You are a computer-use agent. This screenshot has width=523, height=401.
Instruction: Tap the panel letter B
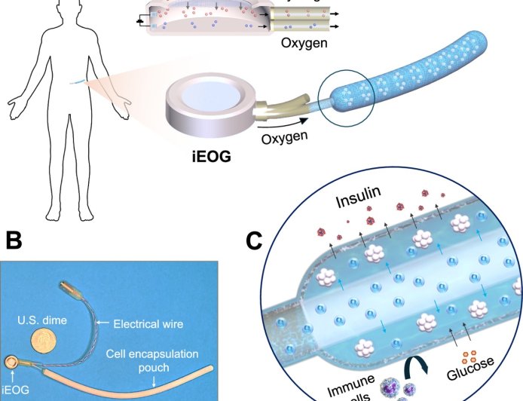tap(15, 242)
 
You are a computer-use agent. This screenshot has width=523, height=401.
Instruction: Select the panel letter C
tap(257, 242)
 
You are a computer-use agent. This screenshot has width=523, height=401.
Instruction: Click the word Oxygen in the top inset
tap(304, 43)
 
